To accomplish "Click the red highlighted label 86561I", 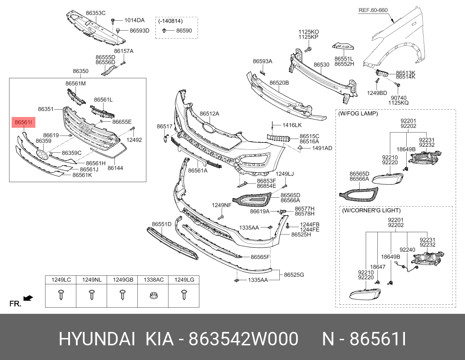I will tap(22, 123).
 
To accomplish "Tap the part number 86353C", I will tap(95, 13).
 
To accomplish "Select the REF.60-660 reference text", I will tap(373, 9).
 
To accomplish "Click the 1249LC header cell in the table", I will tap(61, 280).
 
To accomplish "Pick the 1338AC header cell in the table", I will tap(153, 280).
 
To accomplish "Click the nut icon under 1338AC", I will tap(153, 296).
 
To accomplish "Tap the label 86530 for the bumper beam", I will tap(321, 65).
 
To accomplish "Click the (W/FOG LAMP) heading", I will tap(358, 114).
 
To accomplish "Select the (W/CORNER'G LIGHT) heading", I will tap(371, 211).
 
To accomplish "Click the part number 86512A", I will tap(209, 114).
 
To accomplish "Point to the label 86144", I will tap(115, 167).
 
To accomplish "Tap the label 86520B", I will tap(279, 82).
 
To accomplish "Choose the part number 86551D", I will tap(161, 224).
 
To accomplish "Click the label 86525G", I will tap(294, 275).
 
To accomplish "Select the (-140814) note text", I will tap(170, 21).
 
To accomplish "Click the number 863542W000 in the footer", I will tap(245, 340).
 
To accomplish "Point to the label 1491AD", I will tap(322, 148).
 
